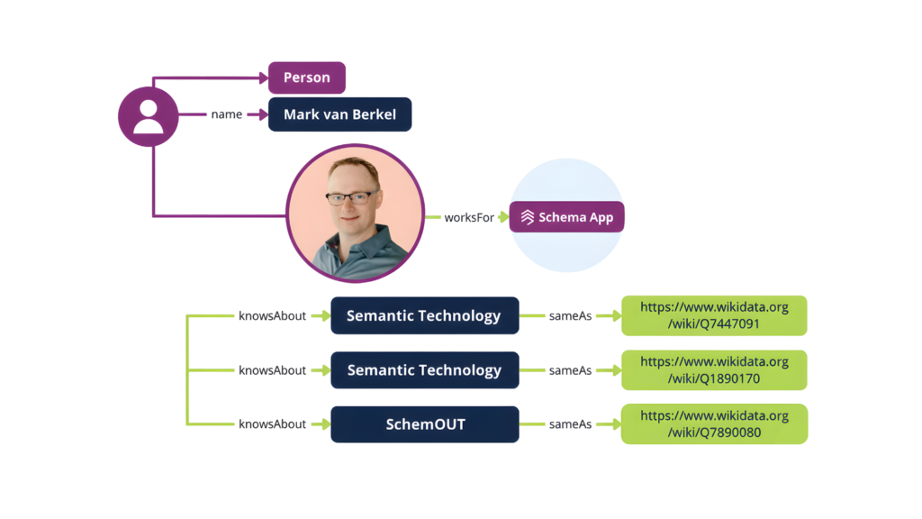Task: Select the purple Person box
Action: (x=306, y=77)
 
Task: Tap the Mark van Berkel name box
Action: (x=339, y=114)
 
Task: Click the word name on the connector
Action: (x=226, y=114)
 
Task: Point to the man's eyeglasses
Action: (x=351, y=197)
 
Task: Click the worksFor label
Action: (x=469, y=217)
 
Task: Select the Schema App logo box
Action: (x=566, y=217)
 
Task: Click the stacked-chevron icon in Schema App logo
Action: (x=527, y=217)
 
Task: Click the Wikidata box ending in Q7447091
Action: (x=714, y=315)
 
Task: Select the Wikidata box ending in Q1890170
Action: (x=714, y=369)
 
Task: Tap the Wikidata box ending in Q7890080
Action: (x=714, y=423)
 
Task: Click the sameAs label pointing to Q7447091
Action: (x=571, y=316)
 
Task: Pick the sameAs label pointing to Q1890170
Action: (x=571, y=370)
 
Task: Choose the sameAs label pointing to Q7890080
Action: (x=571, y=424)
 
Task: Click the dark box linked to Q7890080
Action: (x=424, y=424)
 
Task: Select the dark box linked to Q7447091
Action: (x=424, y=316)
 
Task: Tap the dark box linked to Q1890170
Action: (x=424, y=370)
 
